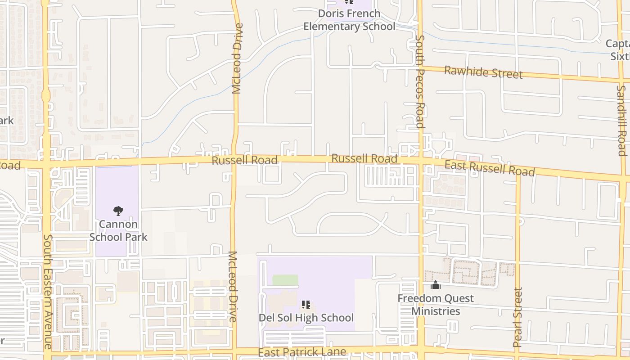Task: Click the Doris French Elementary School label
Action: coord(349,20)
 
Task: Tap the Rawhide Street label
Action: coord(483,72)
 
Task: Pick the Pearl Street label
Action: coord(517,317)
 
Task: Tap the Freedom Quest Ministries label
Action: coord(436,305)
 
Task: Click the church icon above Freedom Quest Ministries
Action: coord(435,285)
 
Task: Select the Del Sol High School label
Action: coord(306,318)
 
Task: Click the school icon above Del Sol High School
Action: coord(306,305)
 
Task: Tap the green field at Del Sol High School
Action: coord(285,280)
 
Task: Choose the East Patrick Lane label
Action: coord(302,352)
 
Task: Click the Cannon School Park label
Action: coord(118,230)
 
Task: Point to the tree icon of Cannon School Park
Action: coord(118,211)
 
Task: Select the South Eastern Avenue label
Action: coord(48,292)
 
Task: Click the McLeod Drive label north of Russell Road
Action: coord(237,58)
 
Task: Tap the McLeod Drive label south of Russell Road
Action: coord(233,286)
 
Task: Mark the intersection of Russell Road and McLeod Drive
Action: coord(234,160)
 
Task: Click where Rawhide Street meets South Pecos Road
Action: coord(420,68)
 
